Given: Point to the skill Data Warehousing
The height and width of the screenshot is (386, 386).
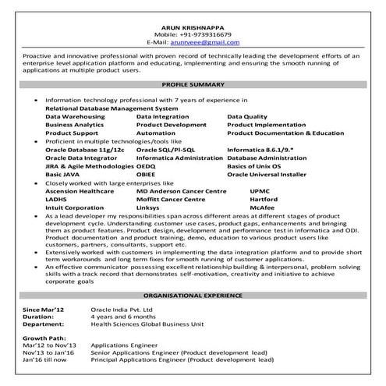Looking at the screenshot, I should (73, 115).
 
